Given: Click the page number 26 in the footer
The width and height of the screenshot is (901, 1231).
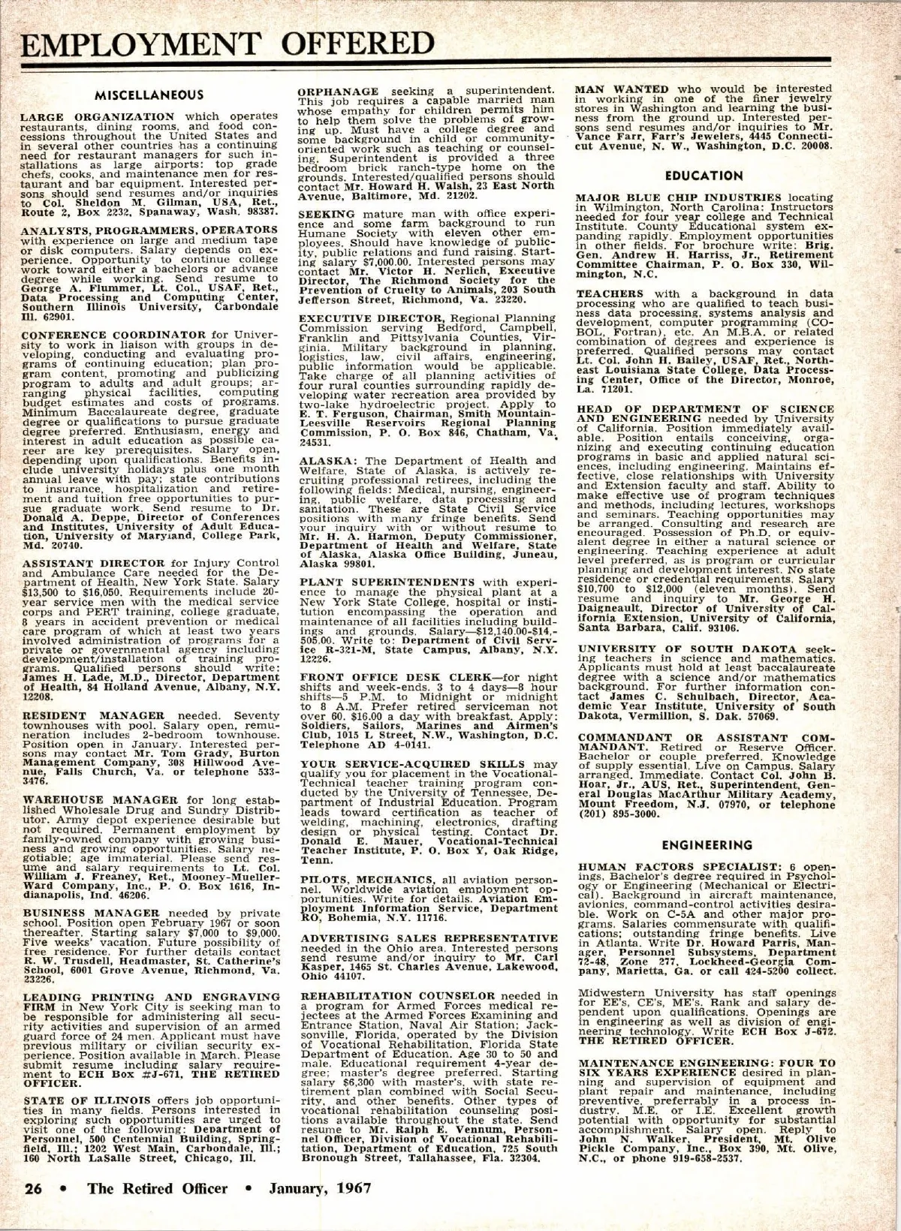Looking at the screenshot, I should pos(35,1188).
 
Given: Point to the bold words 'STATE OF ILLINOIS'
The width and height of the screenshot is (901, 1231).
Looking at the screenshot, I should pos(77,1101).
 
